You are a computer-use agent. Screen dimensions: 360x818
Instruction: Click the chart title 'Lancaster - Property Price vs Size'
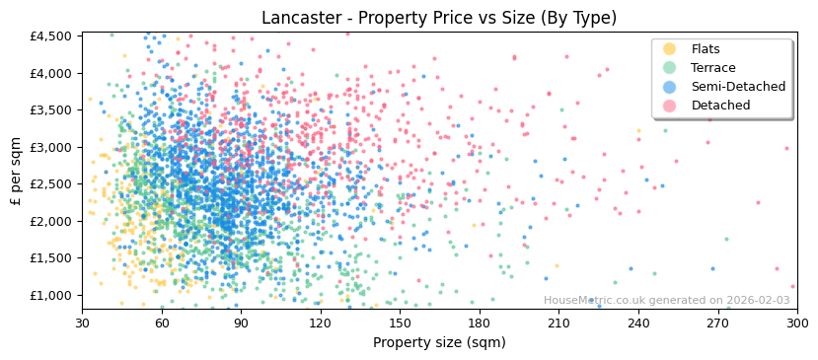(x=439, y=18)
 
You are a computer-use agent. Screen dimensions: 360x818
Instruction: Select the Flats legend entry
(x=706, y=49)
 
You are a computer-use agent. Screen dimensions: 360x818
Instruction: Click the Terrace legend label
(x=713, y=68)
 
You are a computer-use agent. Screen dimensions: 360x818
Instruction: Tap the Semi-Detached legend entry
(x=738, y=87)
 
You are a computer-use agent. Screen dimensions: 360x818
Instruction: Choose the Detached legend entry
(x=720, y=106)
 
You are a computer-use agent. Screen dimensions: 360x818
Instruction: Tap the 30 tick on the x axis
(x=82, y=323)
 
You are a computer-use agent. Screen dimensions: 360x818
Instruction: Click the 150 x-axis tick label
(x=400, y=323)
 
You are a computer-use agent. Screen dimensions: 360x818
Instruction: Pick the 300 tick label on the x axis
(x=796, y=323)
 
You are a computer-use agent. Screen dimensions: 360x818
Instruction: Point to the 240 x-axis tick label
(x=638, y=323)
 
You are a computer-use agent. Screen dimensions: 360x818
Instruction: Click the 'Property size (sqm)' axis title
(x=439, y=342)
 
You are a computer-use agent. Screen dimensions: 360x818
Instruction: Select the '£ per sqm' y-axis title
(x=17, y=172)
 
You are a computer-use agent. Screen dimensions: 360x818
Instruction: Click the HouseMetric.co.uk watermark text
(x=666, y=301)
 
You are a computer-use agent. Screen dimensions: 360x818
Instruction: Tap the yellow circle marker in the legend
(x=669, y=49)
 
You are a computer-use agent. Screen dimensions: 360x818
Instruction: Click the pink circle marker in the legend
(x=669, y=106)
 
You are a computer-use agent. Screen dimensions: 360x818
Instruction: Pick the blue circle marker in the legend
(x=669, y=87)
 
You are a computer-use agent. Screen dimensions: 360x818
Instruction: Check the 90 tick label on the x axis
(x=241, y=323)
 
